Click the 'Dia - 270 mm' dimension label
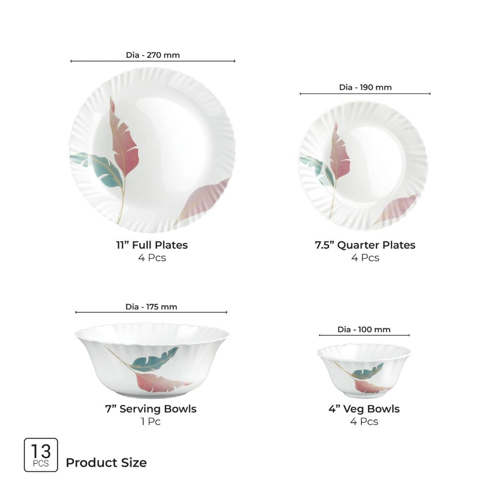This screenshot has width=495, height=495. point(152,55)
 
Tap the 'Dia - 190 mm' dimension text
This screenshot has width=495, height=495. point(365,87)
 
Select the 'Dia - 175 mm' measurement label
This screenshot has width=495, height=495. point(151,307)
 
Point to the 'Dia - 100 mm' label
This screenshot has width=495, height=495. point(364,330)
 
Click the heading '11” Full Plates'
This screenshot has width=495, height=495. point(151,245)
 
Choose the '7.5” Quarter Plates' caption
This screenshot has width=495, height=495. point(365,245)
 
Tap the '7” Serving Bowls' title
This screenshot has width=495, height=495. point(150,409)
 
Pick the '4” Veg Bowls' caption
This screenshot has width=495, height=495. point(364,409)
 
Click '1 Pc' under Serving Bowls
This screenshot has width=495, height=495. point(150,422)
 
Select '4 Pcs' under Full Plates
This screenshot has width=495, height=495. point(151,257)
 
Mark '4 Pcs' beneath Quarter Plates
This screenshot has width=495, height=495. point(365,257)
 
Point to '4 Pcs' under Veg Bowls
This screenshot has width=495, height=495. point(364,422)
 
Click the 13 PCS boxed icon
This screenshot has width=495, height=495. point(41,455)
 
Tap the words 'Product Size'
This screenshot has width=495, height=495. point(106,463)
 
